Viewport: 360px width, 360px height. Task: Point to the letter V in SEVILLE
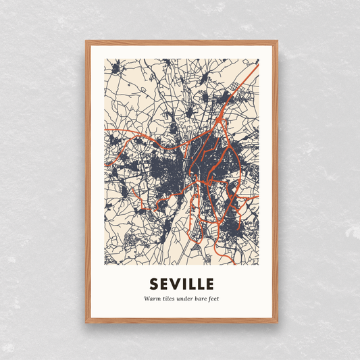pyautogui.click(x=174, y=282)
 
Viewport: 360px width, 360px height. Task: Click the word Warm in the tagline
pyautogui.click(x=152, y=299)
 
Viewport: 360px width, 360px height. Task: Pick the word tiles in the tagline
pyautogui.click(x=169, y=299)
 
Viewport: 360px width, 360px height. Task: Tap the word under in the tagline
pyautogui.click(x=186, y=299)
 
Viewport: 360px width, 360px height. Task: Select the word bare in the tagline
pyautogui.click(x=203, y=299)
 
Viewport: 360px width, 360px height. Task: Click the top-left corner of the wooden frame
pyautogui.click(x=86, y=42)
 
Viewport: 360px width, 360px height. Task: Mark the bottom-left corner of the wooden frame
pyautogui.click(x=86, y=322)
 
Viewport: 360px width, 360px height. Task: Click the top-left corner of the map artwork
pyautogui.click(x=105, y=59)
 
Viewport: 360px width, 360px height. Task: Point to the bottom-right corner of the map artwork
pyautogui.click(x=258, y=265)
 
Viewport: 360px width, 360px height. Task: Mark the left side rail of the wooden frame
pyautogui.click(x=88, y=182)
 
